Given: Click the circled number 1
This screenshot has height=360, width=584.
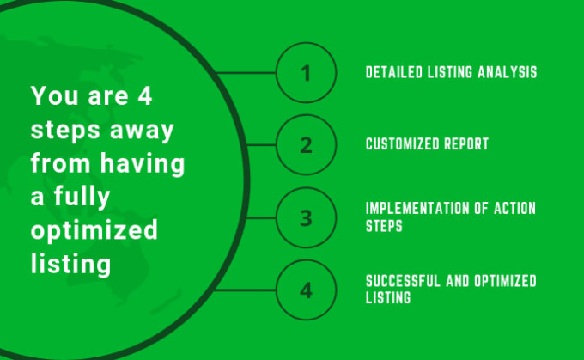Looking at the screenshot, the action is [306, 73].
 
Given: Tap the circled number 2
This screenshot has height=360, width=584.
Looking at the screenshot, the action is [306, 145].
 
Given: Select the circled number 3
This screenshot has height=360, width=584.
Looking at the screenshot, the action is [306, 217].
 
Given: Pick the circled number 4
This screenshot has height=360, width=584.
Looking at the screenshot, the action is [306, 290].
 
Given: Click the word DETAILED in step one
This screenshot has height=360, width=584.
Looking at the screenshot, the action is [394, 72].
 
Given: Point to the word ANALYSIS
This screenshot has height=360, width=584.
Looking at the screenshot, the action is [508, 72].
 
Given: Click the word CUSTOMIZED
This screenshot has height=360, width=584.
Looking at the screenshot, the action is [402, 143].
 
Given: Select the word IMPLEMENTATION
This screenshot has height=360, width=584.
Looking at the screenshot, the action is [417, 208].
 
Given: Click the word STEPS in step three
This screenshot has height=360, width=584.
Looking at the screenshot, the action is [384, 226].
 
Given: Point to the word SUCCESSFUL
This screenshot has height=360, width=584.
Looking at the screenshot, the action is [403, 281].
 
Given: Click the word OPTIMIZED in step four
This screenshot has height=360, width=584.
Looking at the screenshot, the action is [505, 281].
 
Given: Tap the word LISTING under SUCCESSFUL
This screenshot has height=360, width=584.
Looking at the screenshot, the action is [388, 297].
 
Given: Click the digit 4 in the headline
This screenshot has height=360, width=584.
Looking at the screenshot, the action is [145, 95].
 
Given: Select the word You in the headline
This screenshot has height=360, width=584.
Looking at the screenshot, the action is [54, 95].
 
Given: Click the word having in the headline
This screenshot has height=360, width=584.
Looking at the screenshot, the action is [143, 163].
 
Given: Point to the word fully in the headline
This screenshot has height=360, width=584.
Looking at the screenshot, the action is [82, 197].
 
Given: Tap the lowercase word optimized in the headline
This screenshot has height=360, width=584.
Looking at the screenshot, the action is [94, 230].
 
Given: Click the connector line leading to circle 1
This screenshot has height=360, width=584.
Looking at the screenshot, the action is [246, 73].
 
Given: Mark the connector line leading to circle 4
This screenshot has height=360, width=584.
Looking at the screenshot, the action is [246, 290].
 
